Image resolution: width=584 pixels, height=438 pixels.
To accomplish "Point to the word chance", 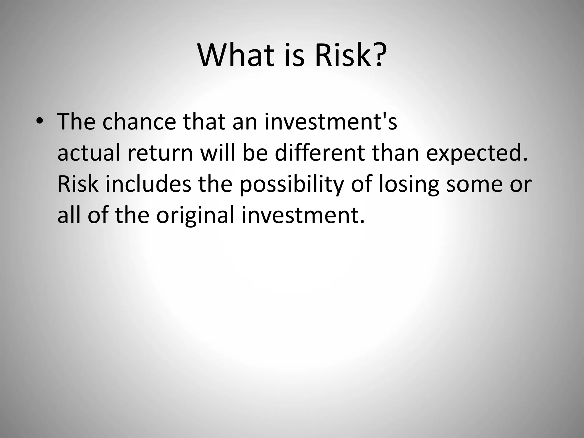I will click(139, 122).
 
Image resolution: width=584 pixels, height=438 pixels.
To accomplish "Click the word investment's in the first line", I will click(330, 122).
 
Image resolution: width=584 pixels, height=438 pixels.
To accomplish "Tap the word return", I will click(160, 153).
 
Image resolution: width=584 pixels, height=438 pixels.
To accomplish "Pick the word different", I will click(320, 153).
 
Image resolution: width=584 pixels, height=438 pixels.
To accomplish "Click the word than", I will click(395, 153).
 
